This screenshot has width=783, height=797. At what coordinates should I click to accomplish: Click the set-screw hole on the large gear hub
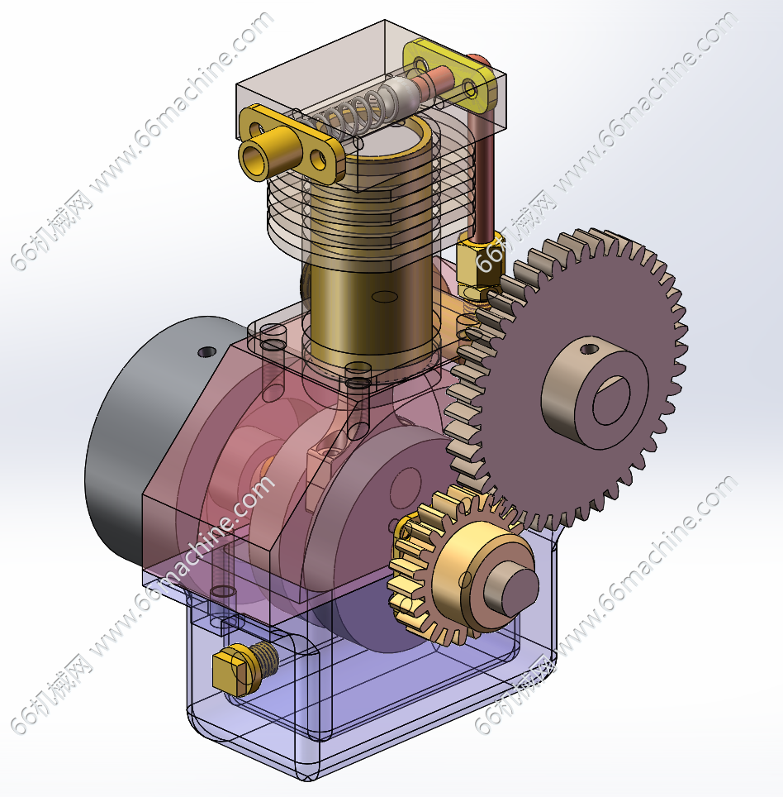pos(589,349)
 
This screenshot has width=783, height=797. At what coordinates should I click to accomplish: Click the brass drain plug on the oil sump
pos(244,669)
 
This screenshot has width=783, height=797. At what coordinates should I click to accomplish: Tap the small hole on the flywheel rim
pos(206,351)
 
